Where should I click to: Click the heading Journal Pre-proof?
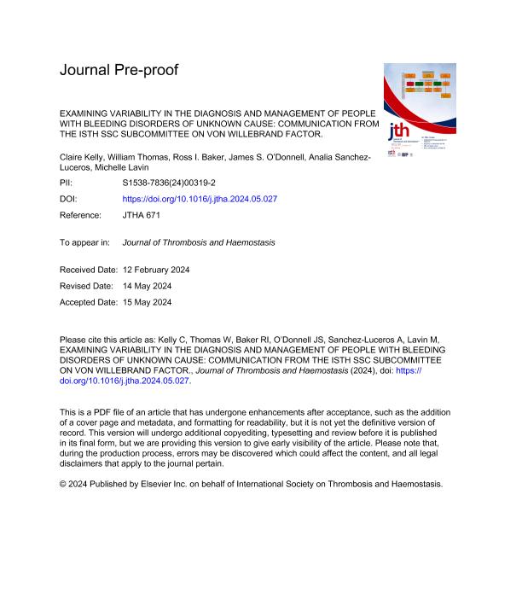119,70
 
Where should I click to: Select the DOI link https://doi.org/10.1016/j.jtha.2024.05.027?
200,199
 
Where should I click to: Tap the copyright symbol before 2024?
64,483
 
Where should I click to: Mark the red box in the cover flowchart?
419,84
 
